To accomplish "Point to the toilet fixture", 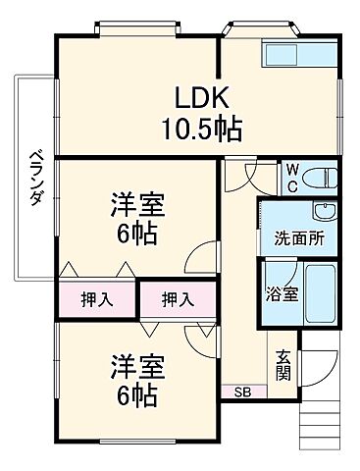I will pos(318,177).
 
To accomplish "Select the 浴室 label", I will pos(277,291).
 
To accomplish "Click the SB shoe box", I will pos(241,392).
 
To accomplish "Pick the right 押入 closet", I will pos(176,299).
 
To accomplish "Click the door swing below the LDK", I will pos(237,176).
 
